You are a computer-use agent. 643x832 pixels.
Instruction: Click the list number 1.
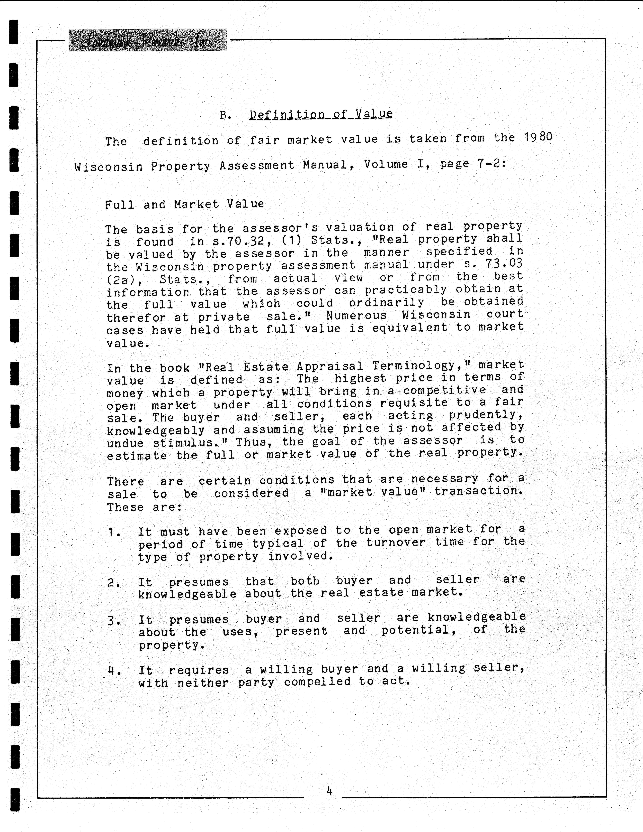(113, 532)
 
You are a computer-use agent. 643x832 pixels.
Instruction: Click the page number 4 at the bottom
(329, 792)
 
